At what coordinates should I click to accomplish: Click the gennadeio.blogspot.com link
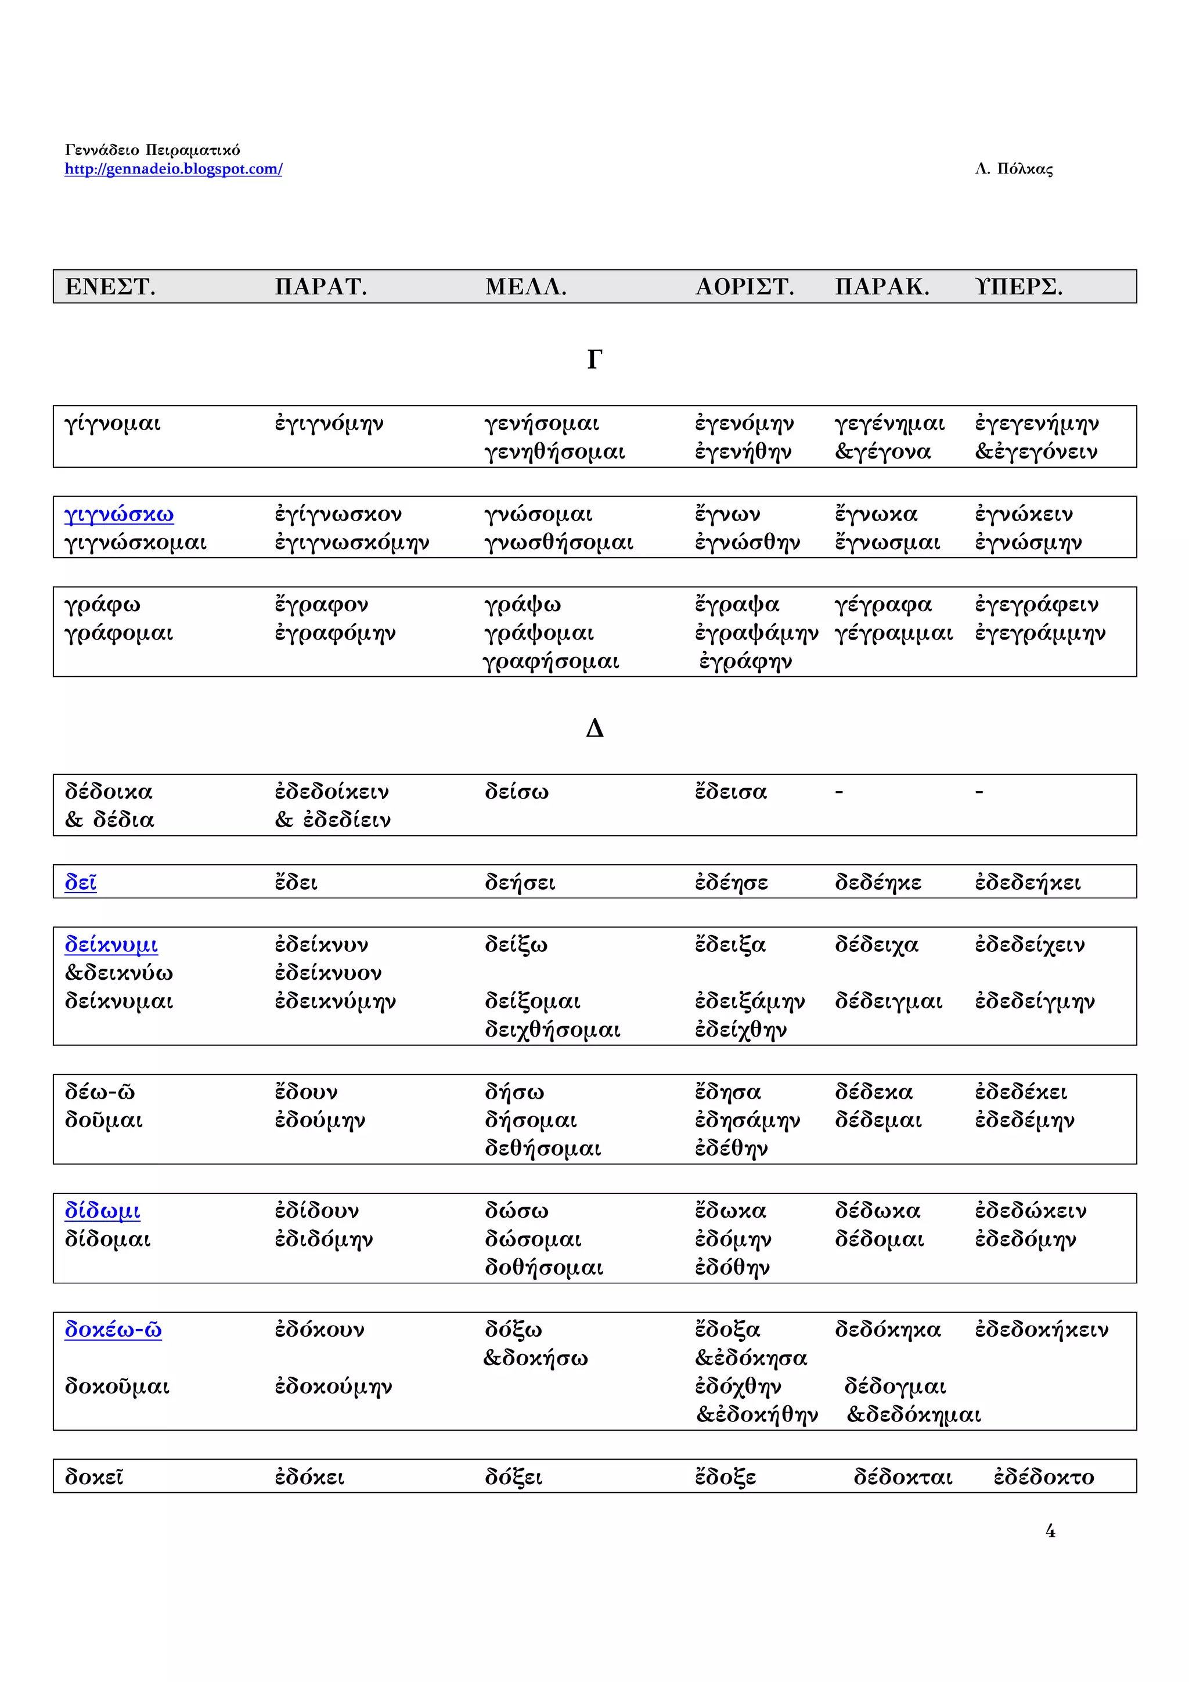(x=173, y=169)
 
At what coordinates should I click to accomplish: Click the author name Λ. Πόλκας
(x=1013, y=169)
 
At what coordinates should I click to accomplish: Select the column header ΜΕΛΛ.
(x=525, y=287)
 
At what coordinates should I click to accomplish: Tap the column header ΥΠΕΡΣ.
(x=1018, y=287)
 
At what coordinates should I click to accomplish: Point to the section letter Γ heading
(x=594, y=360)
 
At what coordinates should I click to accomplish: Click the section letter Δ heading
(x=594, y=728)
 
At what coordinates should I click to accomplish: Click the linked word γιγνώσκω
(x=118, y=514)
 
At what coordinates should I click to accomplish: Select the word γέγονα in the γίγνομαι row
(x=889, y=452)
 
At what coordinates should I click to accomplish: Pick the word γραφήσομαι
(x=551, y=662)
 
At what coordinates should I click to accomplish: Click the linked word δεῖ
(x=81, y=882)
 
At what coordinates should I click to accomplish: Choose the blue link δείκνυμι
(x=111, y=944)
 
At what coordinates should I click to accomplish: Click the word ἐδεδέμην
(x=1024, y=1120)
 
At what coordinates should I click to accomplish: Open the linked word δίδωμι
(x=103, y=1211)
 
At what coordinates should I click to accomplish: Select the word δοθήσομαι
(x=543, y=1268)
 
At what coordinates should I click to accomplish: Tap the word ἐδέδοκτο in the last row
(x=1043, y=1477)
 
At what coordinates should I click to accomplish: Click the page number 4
(x=1050, y=1531)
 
